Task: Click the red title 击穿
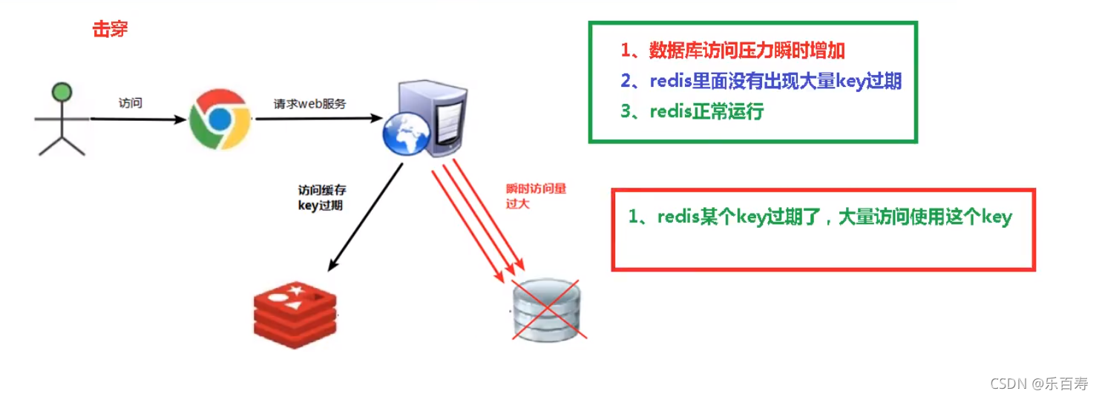point(110,29)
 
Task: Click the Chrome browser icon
point(218,119)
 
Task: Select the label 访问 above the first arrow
point(130,103)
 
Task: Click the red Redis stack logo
point(295,315)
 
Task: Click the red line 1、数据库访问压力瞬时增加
point(732,50)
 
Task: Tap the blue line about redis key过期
point(761,81)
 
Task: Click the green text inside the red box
point(819,217)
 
